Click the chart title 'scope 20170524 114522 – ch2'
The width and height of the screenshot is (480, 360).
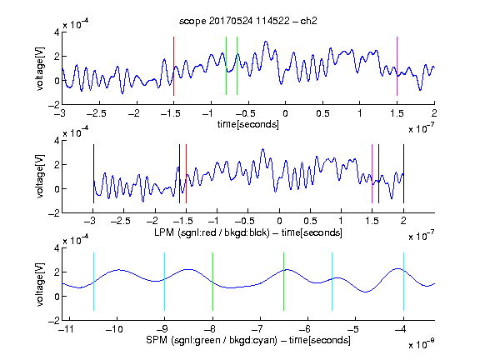tap(248, 21)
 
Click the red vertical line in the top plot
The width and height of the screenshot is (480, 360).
tap(173, 66)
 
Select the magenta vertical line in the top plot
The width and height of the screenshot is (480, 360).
tap(397, 66)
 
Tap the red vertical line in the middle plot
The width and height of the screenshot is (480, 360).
tap(186, 173)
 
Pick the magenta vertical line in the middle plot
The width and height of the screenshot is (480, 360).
tap(372, 173)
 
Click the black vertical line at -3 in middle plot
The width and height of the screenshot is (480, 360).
tap(93, 173)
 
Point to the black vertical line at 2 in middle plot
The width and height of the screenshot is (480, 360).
tap(403, 173)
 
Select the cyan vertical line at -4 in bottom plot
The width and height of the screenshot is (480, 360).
tap(403, 282)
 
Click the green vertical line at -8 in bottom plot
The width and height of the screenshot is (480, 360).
tap(212, 282)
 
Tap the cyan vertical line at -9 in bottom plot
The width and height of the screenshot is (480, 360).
tap(164, 282)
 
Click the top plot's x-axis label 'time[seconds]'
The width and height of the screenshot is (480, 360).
tap(248, 124)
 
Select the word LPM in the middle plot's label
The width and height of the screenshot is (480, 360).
tap(164, 232)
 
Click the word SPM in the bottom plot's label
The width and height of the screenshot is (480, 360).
tap(157, 340)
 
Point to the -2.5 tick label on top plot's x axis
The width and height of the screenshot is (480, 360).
tap(96, 113)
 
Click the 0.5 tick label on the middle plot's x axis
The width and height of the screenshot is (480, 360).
tap(310, 221)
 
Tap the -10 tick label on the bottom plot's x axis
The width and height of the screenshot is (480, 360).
tap(114, 329)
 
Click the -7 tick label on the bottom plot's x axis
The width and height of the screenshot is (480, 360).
tap(257, 329)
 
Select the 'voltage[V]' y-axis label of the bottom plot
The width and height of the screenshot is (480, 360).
tap(40, 284)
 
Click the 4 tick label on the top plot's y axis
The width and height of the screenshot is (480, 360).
tap(57, 32)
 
